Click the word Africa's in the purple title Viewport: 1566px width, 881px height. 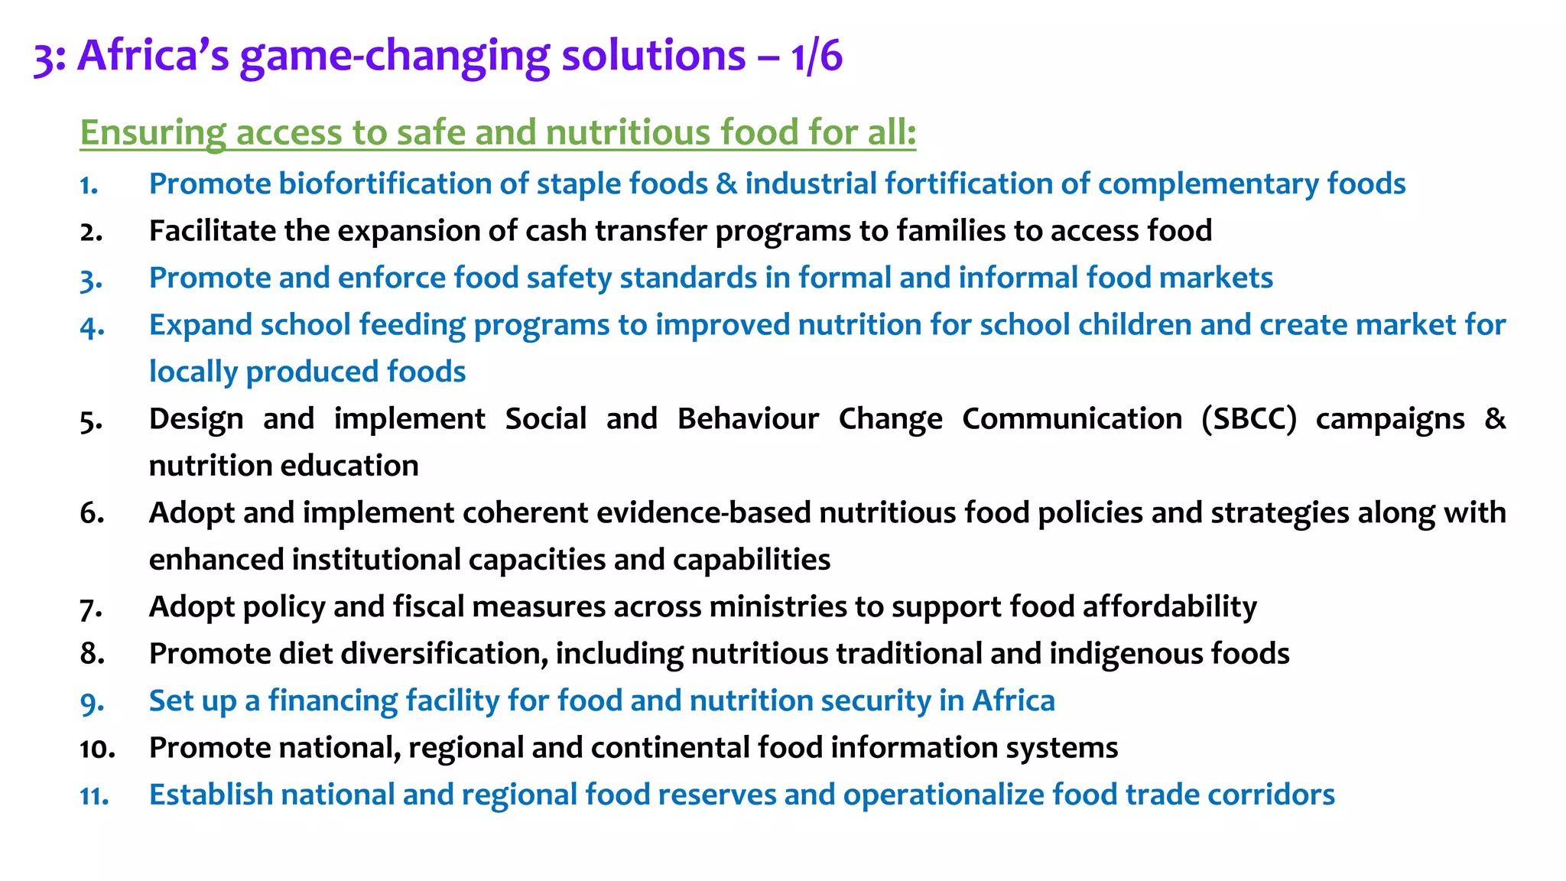click(x=153, y=57)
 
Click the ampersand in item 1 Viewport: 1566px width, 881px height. click(x=726, y=184)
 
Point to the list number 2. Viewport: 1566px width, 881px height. click(x=91, y=232)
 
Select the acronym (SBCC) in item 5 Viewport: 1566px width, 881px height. click(x=1249, y=419)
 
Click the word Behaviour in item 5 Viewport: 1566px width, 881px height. click(x=748, y=419)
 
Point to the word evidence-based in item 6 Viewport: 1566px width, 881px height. click(x=703, y=513)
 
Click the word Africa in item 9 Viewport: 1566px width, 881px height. click(x=1013, y=701)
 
